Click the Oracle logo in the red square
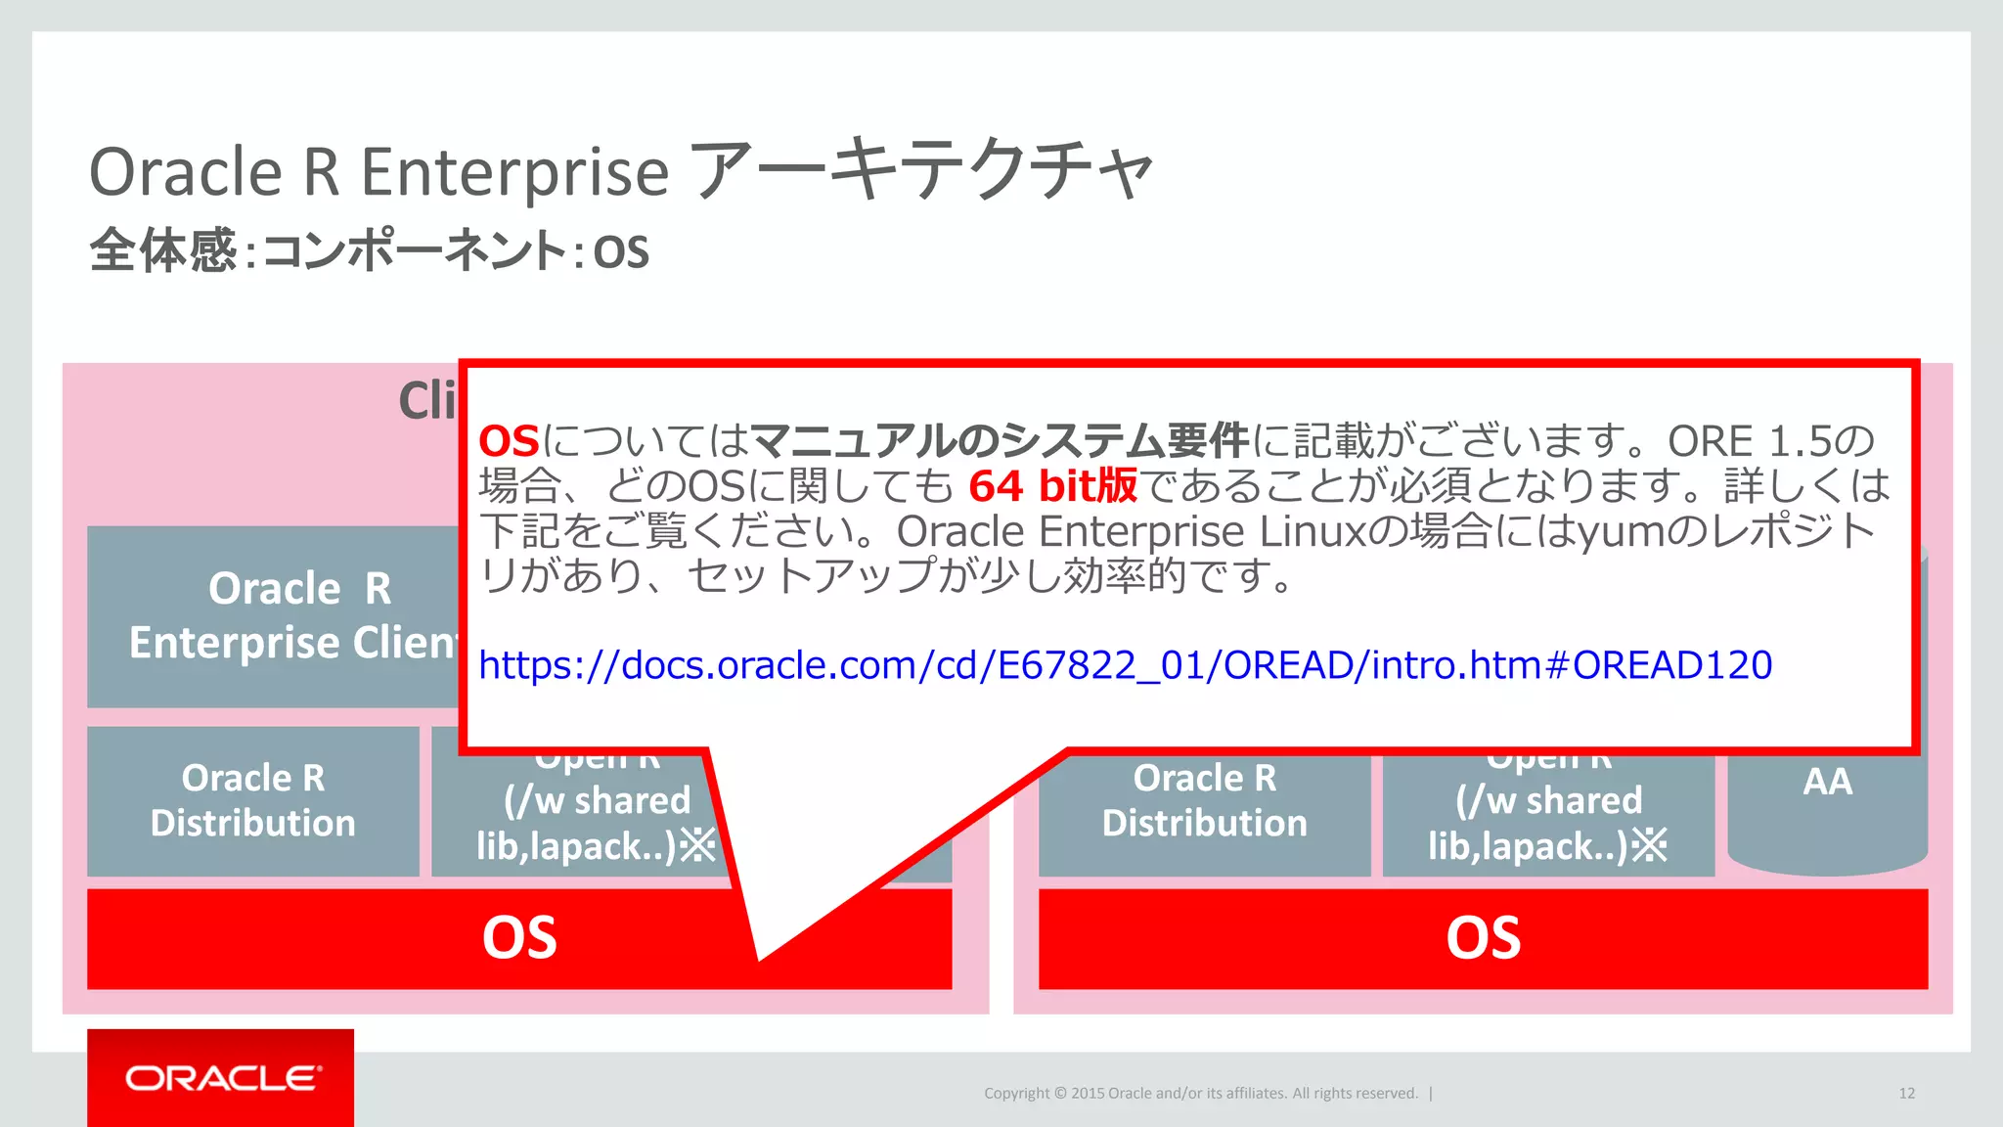point(221,1078)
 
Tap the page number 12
point(1906,1093)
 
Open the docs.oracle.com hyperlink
point(1125,665)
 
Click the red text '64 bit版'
point(1052,486)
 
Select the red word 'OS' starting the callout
point(509,442)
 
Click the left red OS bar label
point(519,937)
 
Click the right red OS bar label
point(1483,937)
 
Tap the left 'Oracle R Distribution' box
point(253,800)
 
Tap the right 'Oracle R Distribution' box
point(1204,800)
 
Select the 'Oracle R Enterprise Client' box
point(273,616)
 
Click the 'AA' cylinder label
point(1827,782)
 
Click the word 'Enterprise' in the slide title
point(514,172)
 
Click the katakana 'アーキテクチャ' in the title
point(922,170)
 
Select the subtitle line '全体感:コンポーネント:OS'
point(369,250)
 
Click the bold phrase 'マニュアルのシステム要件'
point(1000,442)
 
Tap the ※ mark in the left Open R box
point(697,845)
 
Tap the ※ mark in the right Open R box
point(1649,845)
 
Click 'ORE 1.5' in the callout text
point(1749,442)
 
